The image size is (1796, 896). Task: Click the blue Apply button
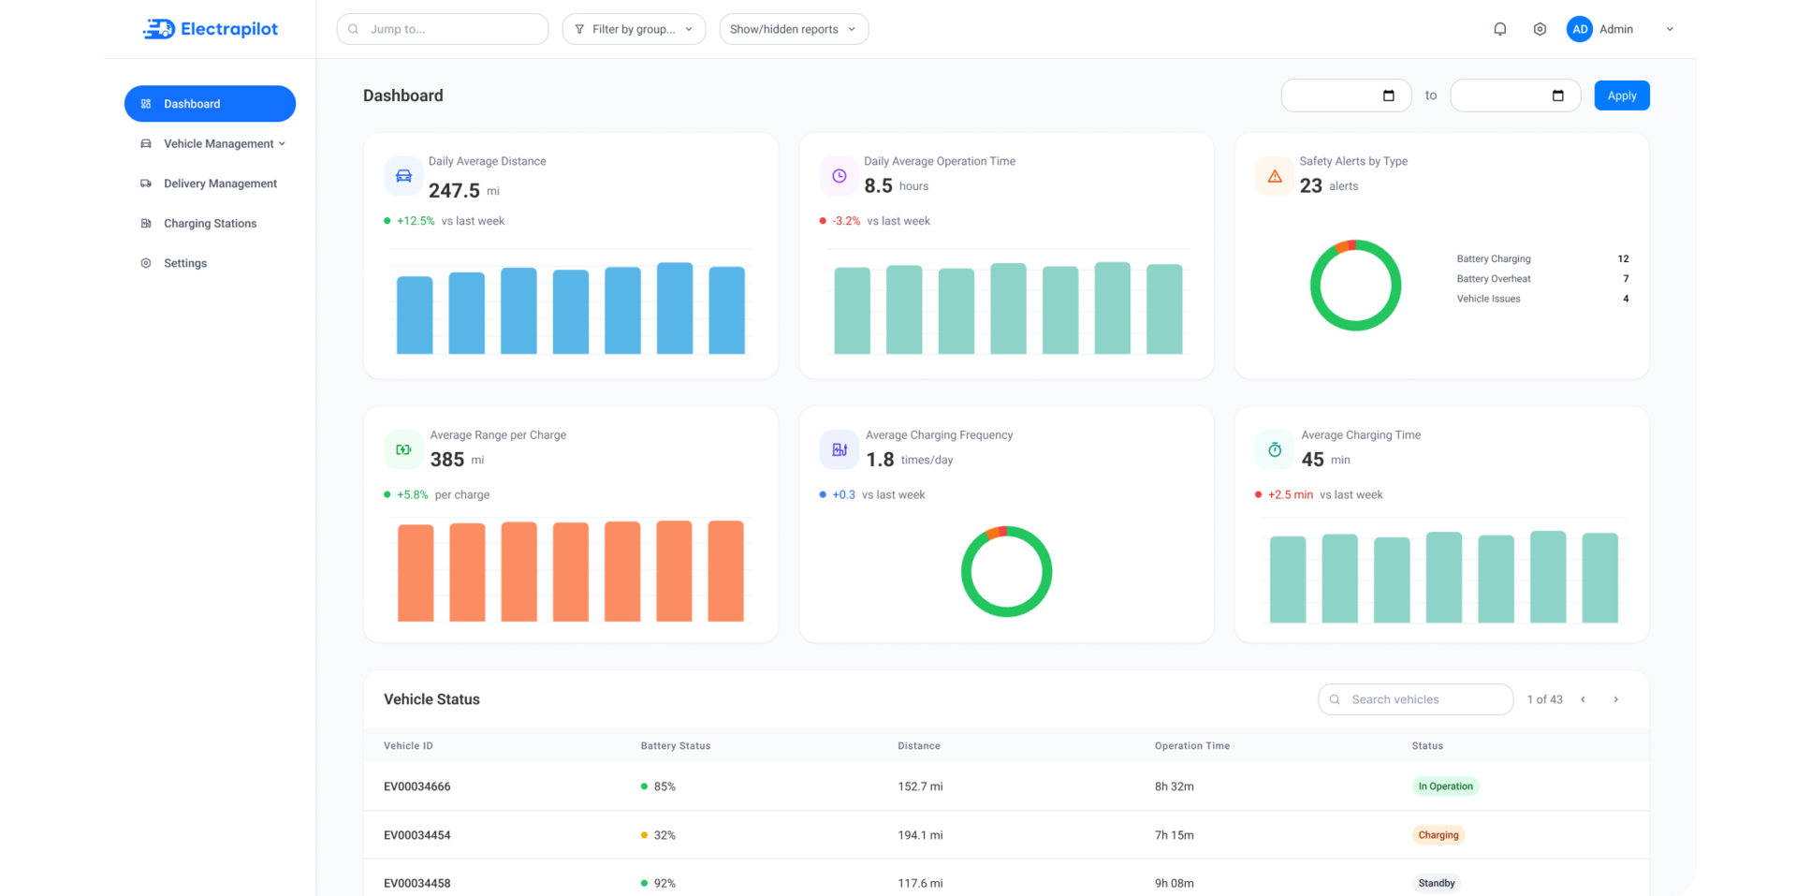pos(1621,95)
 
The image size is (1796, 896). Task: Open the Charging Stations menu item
pos(210,224)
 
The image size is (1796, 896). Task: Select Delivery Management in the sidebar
pos(220,184)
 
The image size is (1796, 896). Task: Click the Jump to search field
pos(443,29)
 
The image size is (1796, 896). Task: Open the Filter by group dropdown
pos(634,29)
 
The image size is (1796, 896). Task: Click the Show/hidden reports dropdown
pos(794,29)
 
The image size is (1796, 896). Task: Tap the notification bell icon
pos(1499,29)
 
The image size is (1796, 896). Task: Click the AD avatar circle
pos(1580,29)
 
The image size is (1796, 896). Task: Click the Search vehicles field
pos(1415,699)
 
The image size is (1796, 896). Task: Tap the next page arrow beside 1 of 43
pos(1615,699)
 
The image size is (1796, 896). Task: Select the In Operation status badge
pos(1445,786)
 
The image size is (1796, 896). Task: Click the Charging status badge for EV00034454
pos(1438,835)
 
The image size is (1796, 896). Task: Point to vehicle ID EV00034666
pos(417,786)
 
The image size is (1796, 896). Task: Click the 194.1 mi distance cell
pos(920,835)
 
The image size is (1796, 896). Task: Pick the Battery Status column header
pos(676,746)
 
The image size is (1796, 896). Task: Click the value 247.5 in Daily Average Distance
pos(454,191)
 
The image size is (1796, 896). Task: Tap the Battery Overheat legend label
pos(1494,279)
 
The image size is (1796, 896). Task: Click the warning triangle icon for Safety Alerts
pos(1275,176)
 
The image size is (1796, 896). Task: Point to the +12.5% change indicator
pos(416,221)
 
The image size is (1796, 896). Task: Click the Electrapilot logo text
pos(229,29)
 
